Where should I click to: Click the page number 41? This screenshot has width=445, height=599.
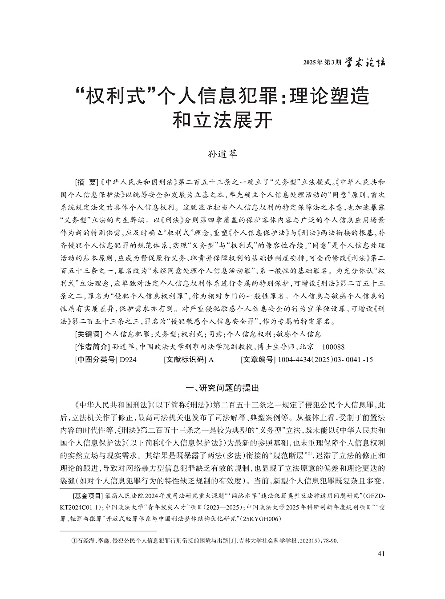(380, 554)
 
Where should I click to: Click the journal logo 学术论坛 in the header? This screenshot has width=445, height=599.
(365, 63)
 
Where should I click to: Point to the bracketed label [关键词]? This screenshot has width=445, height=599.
(88, 334)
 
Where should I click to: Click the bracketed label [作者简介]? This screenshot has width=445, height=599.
(92, 347)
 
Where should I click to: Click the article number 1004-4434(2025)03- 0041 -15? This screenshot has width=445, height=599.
(325, 360)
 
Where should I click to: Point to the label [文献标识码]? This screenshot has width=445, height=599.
(185, 360)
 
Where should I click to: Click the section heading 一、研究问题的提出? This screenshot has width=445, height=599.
(222, 388)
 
